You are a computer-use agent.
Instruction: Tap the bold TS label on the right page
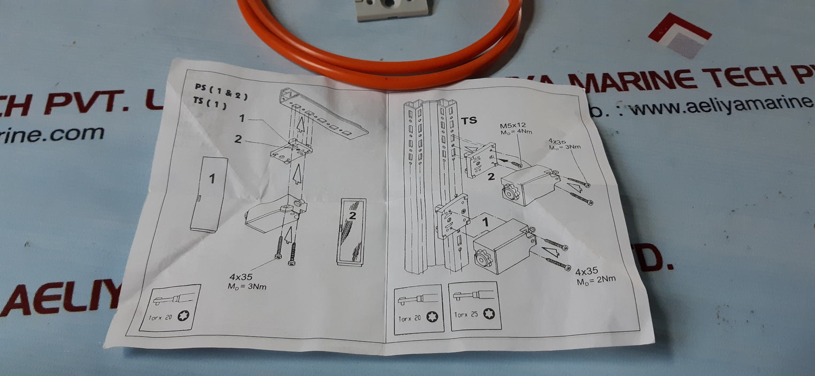469,121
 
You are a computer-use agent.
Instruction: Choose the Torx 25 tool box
474,305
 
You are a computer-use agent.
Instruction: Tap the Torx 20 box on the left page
170,308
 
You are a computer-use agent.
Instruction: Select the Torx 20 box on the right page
419,309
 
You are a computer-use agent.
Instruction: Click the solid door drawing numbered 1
209,194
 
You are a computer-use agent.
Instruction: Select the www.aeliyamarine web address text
717,105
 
